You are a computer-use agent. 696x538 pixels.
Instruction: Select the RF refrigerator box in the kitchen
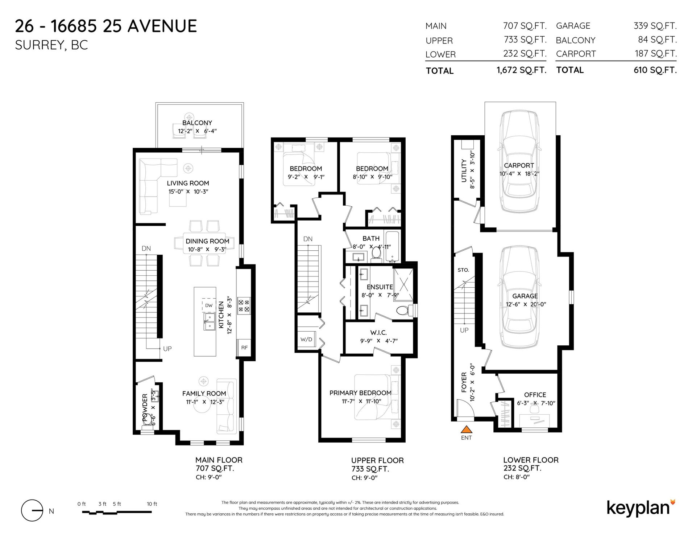[x=245, y=348]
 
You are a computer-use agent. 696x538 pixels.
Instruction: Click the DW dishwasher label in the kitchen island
[x=209, y=305]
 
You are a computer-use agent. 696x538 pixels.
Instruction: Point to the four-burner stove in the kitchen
[x=244, y=305]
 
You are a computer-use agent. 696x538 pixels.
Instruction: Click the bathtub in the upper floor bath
[x=392, y=246]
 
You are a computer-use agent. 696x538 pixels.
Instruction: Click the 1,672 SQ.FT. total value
[x=521, y=70]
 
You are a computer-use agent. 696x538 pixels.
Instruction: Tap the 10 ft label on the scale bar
[x=152, y=504]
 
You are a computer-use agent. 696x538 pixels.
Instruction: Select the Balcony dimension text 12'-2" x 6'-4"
[x=197, y=131]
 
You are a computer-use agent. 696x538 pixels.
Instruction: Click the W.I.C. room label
[x=378, y=332]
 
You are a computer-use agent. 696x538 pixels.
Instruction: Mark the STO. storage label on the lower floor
[x=463, y=270]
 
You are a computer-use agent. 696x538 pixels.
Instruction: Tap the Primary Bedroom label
[x=360, y=393]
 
